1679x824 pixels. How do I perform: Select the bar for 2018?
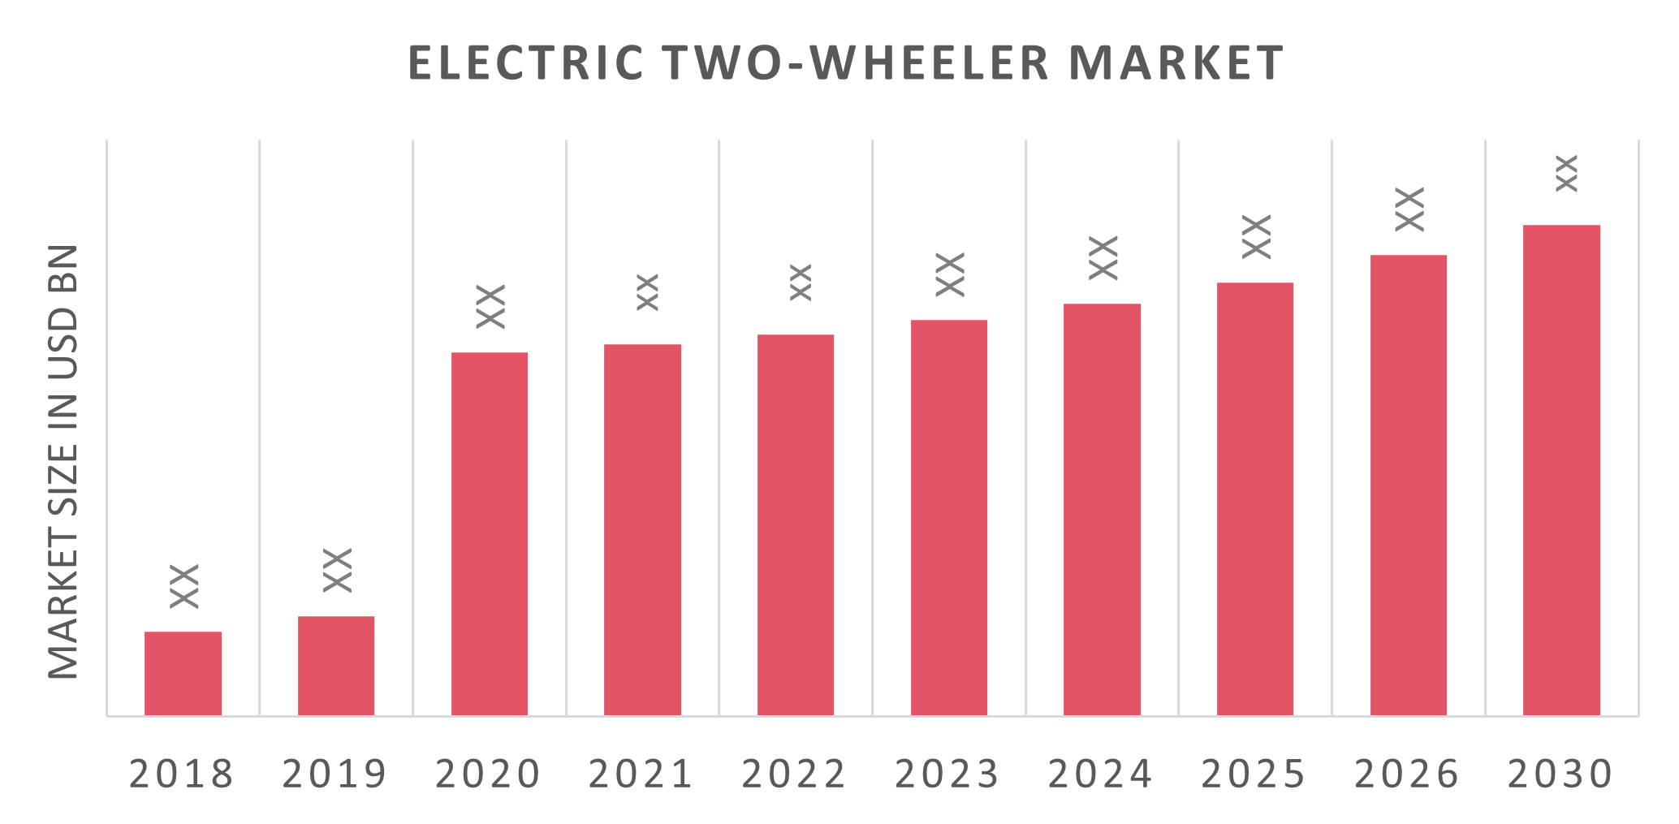[183, 673]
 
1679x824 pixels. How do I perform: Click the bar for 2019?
[336, 666]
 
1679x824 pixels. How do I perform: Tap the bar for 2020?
[490, 533]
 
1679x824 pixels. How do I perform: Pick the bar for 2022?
[796, 524]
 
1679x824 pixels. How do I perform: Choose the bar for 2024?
[1102, 509]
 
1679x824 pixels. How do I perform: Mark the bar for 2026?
[1409, 485]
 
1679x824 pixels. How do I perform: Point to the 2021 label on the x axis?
[641, 774]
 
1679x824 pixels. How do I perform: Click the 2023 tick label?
[947, 774]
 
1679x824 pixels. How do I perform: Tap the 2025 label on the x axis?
[1254, 774]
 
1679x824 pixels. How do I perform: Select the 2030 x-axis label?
[1560, 774]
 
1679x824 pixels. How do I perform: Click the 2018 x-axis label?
[182, 774]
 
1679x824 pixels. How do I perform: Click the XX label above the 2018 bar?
[185, 585]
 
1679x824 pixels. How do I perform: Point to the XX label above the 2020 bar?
[490, 306]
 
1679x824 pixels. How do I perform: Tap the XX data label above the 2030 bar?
[1565, 173]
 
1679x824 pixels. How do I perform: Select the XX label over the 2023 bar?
[950, 274]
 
